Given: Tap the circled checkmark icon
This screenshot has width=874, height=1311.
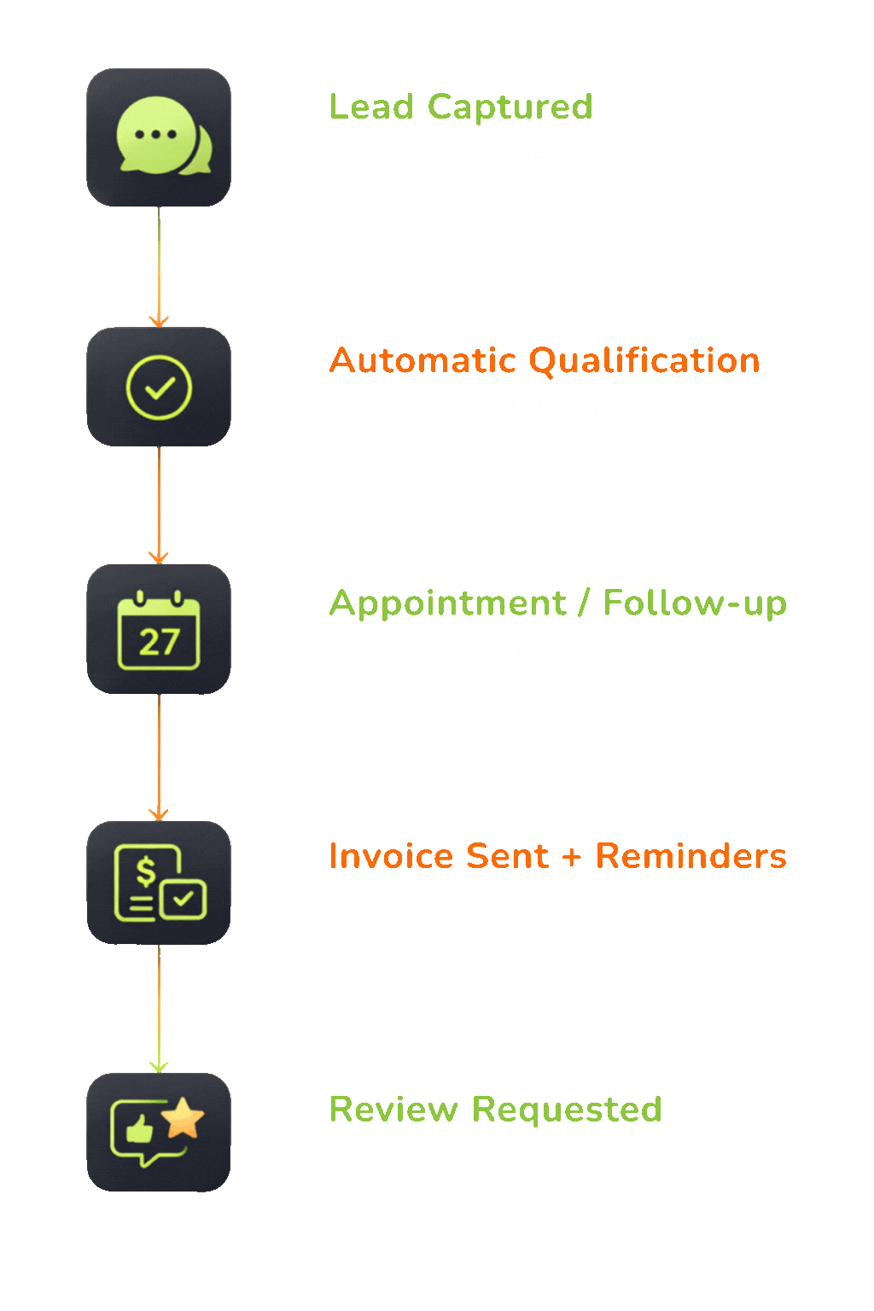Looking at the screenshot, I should click(x=159, y=387).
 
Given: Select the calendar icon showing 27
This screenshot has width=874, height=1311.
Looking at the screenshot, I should click(x=159, y=631).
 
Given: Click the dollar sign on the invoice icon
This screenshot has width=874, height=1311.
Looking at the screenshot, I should click(x=146, y=871).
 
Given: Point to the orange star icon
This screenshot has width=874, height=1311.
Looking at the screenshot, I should click(x=183, y=1118).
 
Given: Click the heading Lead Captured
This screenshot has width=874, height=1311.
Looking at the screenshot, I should click(x=460, y=107).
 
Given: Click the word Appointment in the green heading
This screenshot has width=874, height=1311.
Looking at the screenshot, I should click(x=447, y=603).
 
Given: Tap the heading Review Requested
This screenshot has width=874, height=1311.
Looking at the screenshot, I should click(x=495, y=1109).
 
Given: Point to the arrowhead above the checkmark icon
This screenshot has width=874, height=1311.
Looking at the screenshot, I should click(x=159, y=321).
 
